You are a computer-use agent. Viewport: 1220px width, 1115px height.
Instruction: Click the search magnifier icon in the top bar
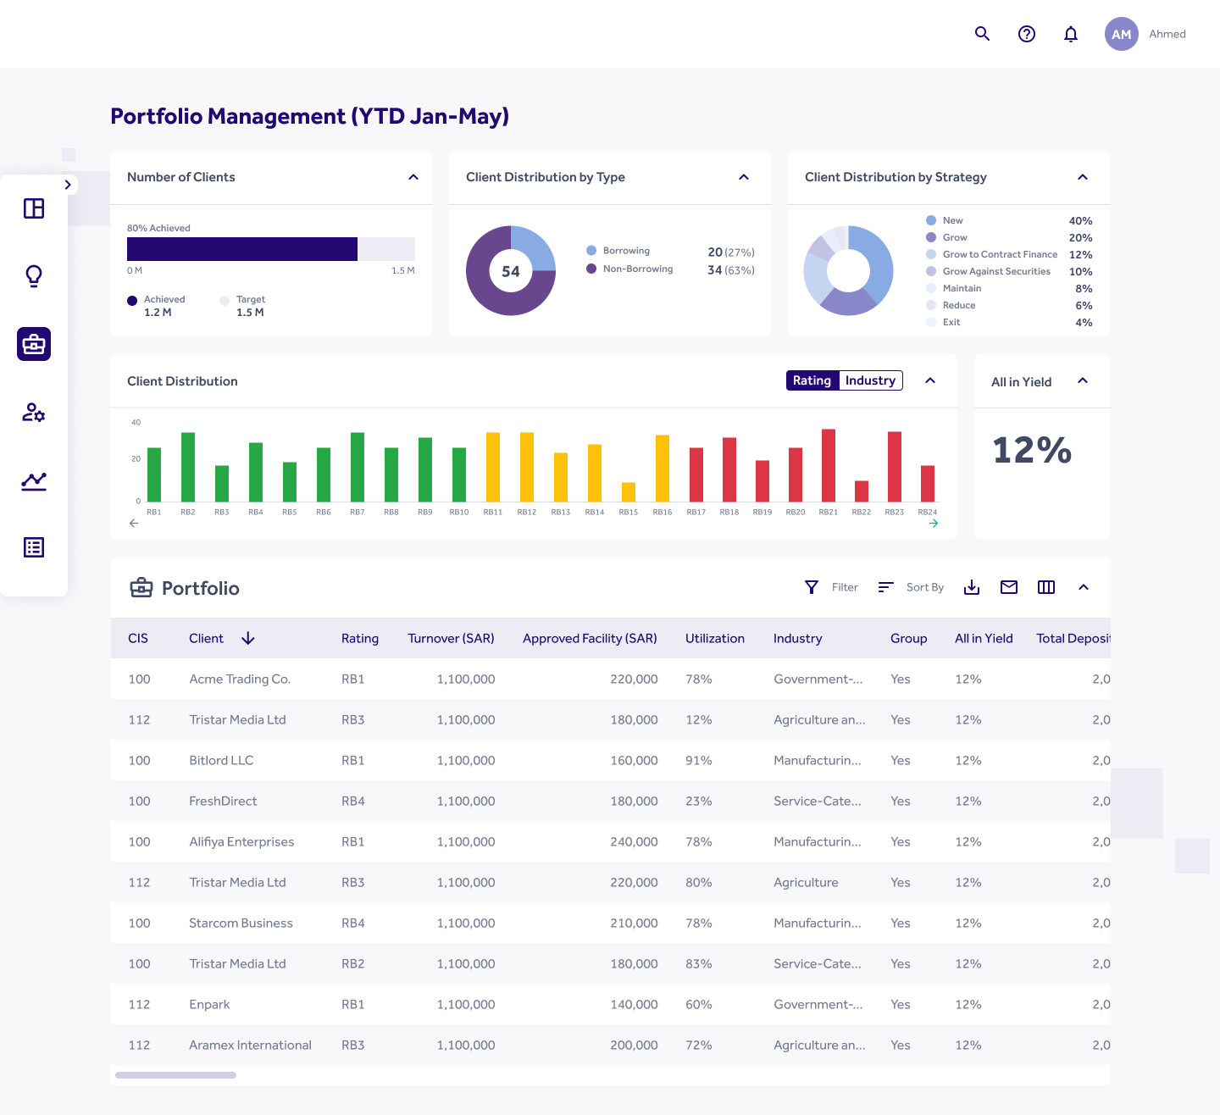click(x=982, y=34)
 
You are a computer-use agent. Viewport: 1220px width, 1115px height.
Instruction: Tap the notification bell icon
click(x=1071, y=34)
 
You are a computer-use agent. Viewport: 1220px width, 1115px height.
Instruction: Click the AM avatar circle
click(x=1121, y=34)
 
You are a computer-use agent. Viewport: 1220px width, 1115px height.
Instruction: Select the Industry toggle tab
click(x=870, y=380)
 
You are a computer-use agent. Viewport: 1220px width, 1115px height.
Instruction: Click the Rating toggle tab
click(x=812, y=380)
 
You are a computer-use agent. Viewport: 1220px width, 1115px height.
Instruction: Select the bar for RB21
click(x=829, y=465)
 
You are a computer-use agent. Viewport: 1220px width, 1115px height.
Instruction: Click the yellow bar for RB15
click(x=629, y=491)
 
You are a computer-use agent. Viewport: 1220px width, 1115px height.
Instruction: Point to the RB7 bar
click(x=358, y=467)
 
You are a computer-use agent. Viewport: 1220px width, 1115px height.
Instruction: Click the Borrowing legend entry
click(x=626, y=251)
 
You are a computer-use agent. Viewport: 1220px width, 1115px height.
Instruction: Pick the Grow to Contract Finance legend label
click(x=1000, y=254)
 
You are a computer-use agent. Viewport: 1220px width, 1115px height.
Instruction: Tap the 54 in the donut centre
click(x=511, y=271)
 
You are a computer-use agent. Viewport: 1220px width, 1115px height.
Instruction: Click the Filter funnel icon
click(x=812, y=587)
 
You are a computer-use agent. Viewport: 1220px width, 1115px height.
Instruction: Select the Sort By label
click(x=924, y=587)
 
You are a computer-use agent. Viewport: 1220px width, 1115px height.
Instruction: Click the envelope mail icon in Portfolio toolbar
click(x=1009, y=587)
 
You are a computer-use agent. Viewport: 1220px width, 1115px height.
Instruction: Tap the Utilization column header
click(x=715, y=638)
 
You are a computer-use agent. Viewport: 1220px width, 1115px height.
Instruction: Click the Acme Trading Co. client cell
click(x=240, y=679)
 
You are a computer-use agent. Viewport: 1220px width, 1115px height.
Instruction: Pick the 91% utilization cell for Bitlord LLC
click(x=699, y=760)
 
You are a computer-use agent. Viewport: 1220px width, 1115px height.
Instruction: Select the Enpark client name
click(x=209, y=1004)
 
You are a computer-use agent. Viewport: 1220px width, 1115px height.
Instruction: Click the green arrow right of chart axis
click(x=934, y=524)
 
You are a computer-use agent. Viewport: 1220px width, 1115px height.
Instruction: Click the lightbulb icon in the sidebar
click(x=34, y=276)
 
